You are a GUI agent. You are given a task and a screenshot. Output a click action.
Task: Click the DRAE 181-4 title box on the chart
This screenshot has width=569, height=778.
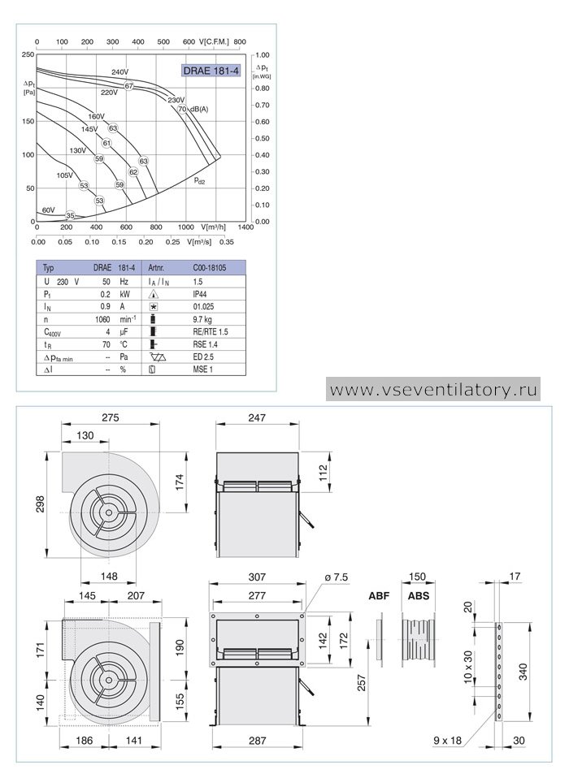[211, 71]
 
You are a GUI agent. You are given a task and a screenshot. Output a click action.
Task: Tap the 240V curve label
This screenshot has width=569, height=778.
[119, 72]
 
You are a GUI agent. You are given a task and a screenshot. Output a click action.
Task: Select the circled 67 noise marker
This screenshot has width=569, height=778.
[129, 86]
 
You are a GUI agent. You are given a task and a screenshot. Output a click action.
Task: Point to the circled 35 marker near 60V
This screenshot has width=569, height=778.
[70, 215]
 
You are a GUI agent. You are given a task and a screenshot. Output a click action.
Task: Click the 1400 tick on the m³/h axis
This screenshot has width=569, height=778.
[245, 227]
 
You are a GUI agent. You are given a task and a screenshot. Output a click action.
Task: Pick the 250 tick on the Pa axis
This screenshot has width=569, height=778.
[28, 54]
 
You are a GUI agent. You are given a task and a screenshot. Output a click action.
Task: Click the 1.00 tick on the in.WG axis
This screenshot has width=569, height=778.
[263, 55]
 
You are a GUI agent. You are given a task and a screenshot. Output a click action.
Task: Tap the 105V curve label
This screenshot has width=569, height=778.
[64, 175]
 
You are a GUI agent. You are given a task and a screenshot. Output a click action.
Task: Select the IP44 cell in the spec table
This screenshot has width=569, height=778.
[200, 294]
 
